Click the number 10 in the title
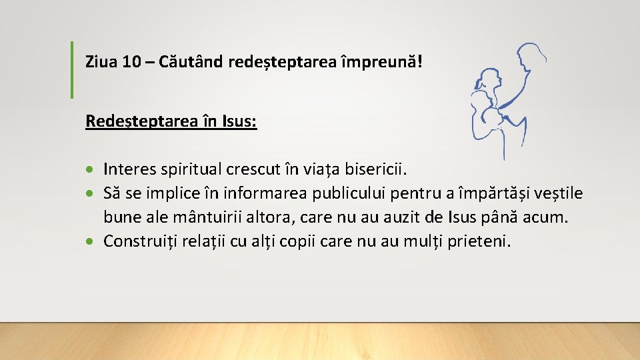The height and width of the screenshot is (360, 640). click(x=132, y=63)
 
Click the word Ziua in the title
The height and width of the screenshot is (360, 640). click(x=102, y=63)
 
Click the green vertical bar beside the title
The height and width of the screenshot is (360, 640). click(x=72, y=69)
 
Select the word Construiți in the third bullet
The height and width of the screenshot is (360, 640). click(x=137, y=241)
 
